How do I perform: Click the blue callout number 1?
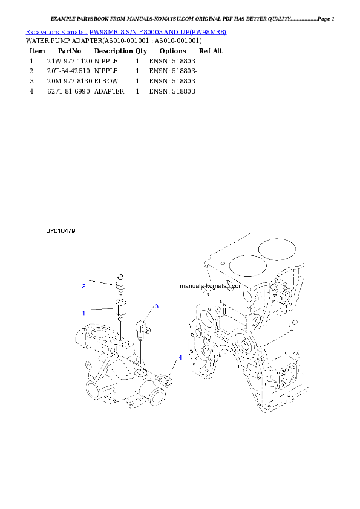(x=84, y=313)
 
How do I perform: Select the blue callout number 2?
(x=84, y=287)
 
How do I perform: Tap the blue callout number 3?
(x=156, y=306)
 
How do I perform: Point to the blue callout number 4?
(x=180, y=358)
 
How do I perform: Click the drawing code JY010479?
(x=61, y=231)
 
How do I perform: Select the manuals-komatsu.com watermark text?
(x=212, y=286)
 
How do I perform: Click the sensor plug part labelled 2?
(x=121, y=282)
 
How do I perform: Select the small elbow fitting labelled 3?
(x=144, y=325)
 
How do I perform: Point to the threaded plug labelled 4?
(x=165, y=379)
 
